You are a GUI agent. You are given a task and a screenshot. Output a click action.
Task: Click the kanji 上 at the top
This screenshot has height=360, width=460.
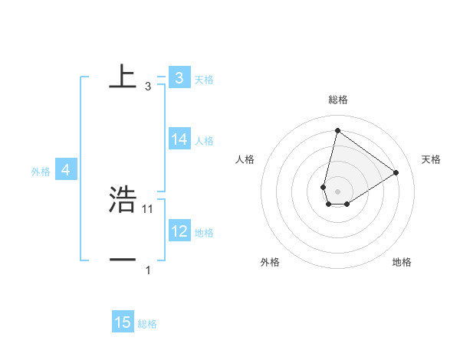[123, 77]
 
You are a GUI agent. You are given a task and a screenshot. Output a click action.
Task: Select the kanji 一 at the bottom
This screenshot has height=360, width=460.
[123, 260]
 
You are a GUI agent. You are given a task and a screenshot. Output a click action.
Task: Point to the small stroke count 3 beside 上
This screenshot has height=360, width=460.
[148, 87]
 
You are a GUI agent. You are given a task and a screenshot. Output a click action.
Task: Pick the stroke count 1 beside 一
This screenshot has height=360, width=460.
[148, 270]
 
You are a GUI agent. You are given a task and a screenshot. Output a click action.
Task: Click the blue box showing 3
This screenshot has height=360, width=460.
[179, 78]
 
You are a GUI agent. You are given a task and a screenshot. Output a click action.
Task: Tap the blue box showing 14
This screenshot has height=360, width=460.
[179, 139]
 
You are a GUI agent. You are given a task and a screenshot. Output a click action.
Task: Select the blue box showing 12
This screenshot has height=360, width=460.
[179, 231]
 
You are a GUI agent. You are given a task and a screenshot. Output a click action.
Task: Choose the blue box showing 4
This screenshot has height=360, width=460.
[66, 170]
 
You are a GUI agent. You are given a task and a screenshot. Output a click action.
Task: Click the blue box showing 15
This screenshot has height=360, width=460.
[123, 322]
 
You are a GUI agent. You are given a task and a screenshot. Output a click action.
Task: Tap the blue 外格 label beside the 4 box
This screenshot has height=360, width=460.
[41, 172]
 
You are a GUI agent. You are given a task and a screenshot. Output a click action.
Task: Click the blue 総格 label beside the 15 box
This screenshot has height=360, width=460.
[147, 324]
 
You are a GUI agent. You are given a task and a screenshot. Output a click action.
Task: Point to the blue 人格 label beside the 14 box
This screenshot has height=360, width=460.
[204, 141]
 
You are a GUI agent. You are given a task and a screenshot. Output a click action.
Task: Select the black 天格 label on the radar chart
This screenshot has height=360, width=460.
[431, 159]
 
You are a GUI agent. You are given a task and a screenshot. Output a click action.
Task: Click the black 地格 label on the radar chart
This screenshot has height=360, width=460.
[402, 262]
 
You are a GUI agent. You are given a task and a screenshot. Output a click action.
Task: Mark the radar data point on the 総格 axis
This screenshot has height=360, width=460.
[337, 130]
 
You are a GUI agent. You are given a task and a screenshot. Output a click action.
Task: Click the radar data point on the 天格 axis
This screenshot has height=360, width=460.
[396, 172]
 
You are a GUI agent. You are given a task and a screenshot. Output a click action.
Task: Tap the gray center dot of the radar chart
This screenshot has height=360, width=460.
[337, 191]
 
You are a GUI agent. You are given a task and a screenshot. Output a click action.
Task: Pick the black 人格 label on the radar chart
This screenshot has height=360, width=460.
[245, 159]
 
